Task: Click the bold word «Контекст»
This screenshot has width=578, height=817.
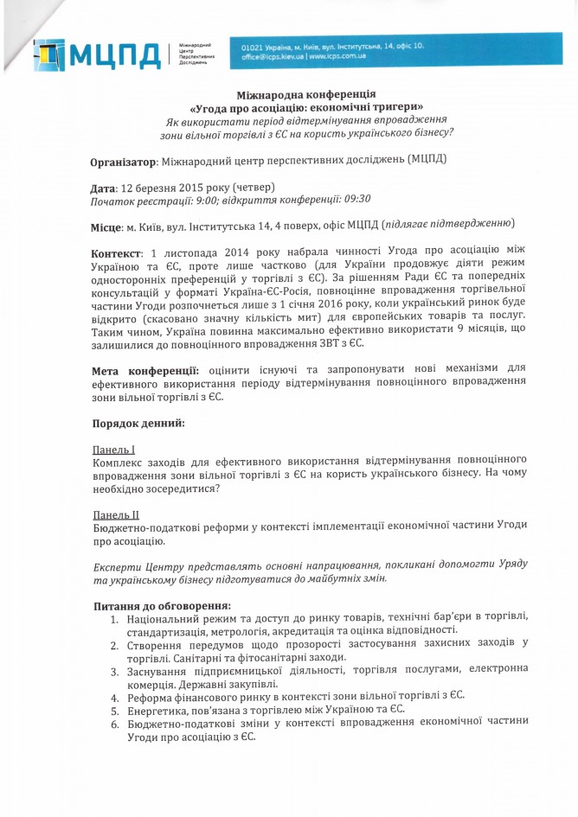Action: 116,253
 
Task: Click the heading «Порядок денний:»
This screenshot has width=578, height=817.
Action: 138,424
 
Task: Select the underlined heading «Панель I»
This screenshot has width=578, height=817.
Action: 114,450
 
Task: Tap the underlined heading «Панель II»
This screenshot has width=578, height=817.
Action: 116,514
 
